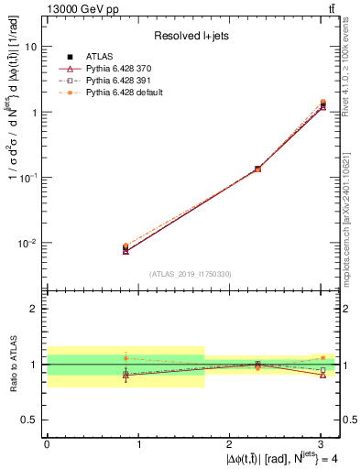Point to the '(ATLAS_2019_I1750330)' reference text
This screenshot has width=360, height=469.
tap(191, 274)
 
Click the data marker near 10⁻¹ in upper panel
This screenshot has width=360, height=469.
tap(257, 169)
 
